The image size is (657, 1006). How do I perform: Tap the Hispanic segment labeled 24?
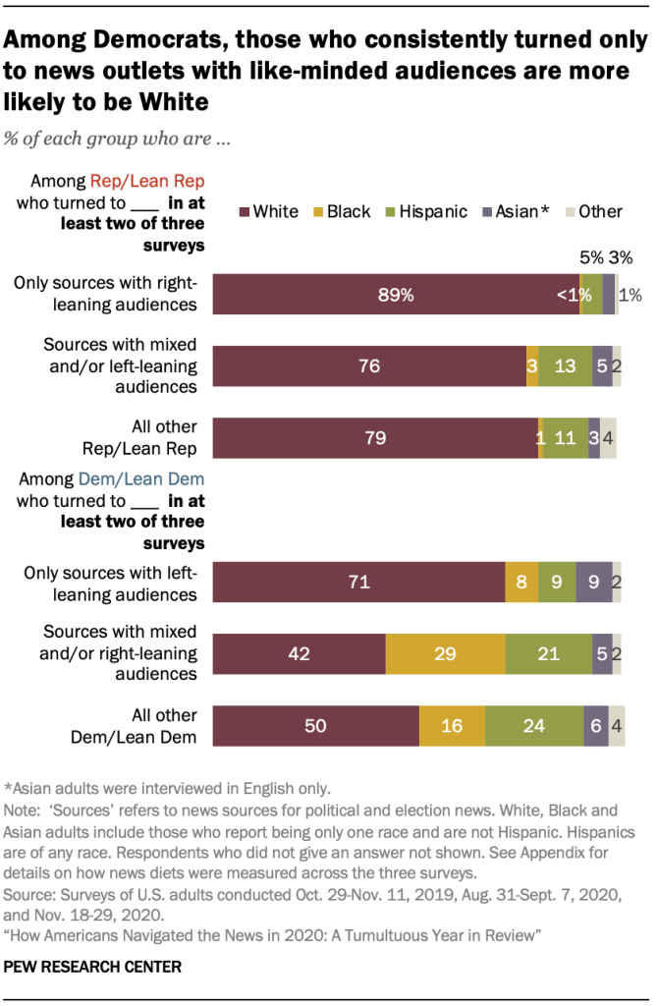coord(533,726)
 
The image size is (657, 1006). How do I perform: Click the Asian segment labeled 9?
coord(592,582)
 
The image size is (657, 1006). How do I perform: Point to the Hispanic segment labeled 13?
coord(565,365)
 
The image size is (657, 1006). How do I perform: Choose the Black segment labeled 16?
coord(451,726)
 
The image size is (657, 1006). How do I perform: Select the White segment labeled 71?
coord(358,582)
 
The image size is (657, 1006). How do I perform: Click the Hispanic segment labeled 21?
coord(548,653)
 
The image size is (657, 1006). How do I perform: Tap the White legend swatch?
coord(244,211)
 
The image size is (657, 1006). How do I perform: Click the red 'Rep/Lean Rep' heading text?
coord(134,181)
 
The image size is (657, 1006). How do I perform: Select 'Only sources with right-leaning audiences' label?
coord(105,293)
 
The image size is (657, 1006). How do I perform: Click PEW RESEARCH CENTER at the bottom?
coord(92,967)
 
